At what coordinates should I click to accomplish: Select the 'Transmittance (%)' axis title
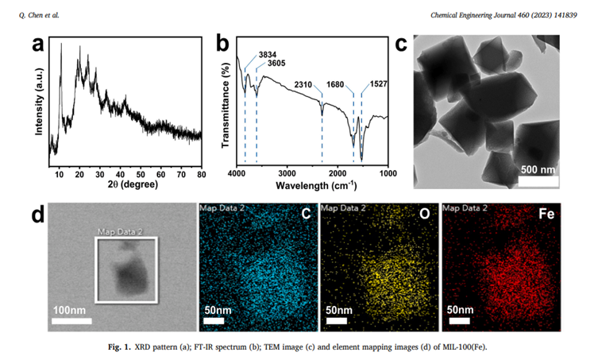[225, 103]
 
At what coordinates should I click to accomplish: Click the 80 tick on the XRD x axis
[201, 173]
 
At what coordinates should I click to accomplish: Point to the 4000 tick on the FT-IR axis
[237, 173]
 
